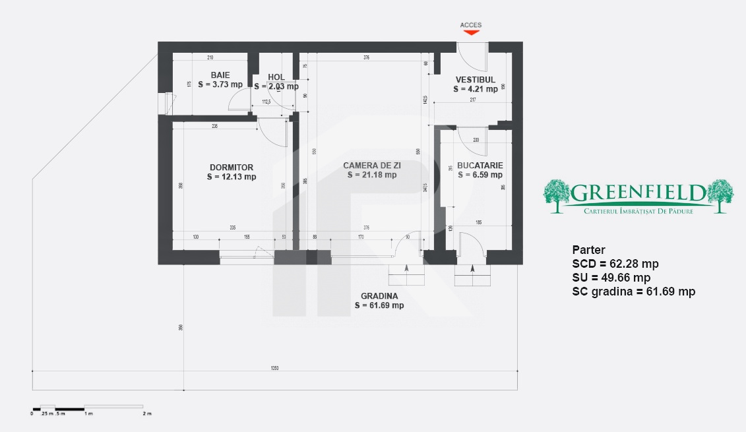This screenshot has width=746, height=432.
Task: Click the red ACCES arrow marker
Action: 470,32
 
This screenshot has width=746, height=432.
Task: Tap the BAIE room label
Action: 220,77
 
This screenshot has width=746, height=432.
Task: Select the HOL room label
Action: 276,77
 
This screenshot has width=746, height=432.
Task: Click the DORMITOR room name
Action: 231,168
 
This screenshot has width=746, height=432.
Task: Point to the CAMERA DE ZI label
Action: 372,166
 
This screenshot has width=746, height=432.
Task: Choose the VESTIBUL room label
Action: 475,80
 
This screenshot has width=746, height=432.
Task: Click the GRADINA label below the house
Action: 379,296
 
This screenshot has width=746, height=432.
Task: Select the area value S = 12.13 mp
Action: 231,177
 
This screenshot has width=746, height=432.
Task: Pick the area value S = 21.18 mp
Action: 372,175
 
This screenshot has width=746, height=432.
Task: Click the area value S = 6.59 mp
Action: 480,175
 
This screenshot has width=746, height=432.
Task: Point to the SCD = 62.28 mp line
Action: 615,264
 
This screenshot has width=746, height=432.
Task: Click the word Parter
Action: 588,250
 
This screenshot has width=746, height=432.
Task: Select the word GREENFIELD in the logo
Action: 637,193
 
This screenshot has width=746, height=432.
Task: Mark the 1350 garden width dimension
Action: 274,368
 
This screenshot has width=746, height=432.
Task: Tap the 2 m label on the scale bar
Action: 146,414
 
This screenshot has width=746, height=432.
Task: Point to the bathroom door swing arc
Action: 236,101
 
